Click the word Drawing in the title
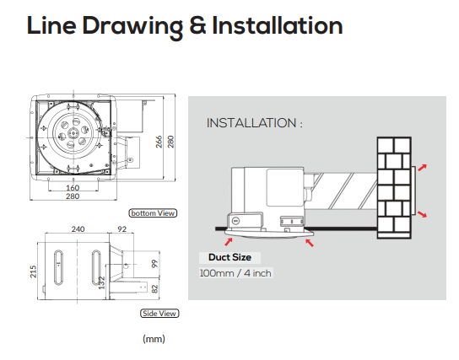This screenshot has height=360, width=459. (x=132, y=27)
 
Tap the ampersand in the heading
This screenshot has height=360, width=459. (x=198, y=25)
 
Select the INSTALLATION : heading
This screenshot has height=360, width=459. (x=254, y=123)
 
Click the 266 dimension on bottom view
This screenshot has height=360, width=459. (x=159, y=142)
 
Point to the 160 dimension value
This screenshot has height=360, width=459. (x=73, y=187)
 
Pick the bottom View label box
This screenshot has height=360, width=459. (x=153, y=213)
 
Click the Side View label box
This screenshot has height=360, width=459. (x=159, y=314)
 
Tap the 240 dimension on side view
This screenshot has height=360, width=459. (x=78, y=229)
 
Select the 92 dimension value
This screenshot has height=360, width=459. (x=121, y=229)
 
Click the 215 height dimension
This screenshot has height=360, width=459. (x=33, y=271)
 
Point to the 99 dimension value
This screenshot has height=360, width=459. (x=154, y=264)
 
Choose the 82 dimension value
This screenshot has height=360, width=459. (x=155, y=289)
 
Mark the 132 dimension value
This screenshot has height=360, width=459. (x=101, y=282)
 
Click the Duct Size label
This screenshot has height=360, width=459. (x=229, y=257)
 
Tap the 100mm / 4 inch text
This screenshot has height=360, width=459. (x=235, y=273)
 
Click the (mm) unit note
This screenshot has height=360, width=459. (x=154, y=339)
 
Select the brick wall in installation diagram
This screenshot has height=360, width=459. (x=394, y=188)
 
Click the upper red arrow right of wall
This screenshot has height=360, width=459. (x=422, y=167)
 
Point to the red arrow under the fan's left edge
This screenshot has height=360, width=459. (x=229, y=242)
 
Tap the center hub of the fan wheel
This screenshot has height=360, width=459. (x=73, y=134)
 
